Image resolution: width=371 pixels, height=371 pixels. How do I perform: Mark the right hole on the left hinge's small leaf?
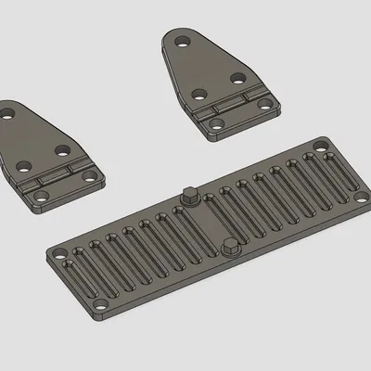coord(89,175)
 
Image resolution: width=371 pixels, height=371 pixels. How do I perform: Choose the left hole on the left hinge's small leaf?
coord(39,197)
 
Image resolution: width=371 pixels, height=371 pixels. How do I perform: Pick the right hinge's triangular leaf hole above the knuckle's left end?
coord(198,94)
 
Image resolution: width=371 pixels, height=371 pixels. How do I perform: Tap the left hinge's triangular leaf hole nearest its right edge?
coord(62,149)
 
